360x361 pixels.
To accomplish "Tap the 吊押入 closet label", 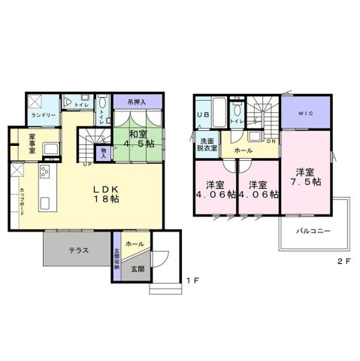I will coord(136,101).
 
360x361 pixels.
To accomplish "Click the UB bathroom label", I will coord(203,114).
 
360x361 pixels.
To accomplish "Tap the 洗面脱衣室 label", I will coord(208,144).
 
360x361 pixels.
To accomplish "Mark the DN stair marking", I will coord(271,141).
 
